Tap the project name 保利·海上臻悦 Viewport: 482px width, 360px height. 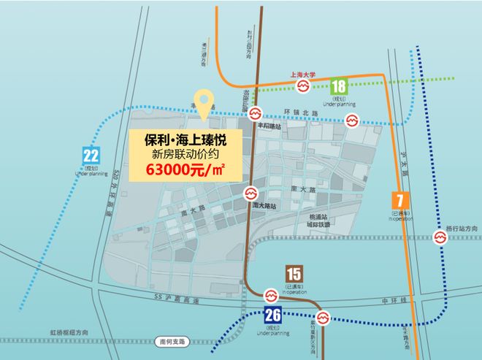(183, 139)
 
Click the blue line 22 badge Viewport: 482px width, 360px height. (91, 155)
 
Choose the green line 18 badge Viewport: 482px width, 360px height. (338, 86)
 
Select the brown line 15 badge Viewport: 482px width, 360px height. (293, 275)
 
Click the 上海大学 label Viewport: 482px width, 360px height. (302, 74)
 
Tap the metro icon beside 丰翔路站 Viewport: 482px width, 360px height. (255, 113)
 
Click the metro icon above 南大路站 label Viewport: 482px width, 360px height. (250, 194)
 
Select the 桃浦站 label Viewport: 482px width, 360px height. (318, 218)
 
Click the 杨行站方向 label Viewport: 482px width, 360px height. (463, 229)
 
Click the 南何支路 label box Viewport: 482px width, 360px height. (172, 341)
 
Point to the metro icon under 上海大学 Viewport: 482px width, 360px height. (302, 88)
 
